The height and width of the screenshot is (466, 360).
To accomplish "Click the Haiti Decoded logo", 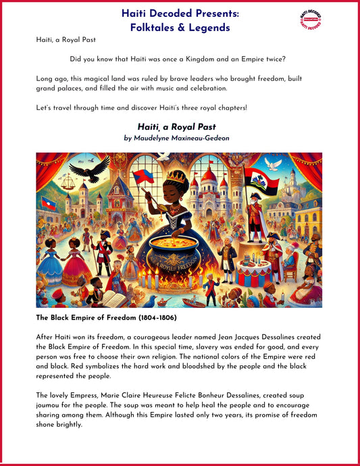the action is (310, 20).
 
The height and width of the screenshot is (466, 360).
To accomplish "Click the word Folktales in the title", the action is (153, 28).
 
